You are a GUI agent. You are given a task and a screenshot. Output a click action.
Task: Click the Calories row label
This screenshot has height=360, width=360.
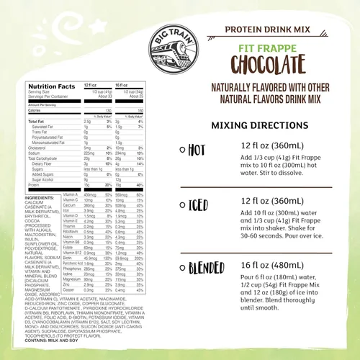coord(37,111)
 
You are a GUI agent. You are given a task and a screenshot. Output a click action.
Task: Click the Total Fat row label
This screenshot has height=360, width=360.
coord(37,121)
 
